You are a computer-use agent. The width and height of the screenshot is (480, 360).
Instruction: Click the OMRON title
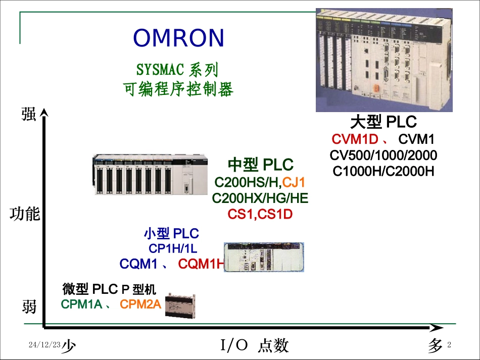pos(178,38)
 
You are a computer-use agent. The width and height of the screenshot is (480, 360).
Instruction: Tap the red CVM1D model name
pos(355,139)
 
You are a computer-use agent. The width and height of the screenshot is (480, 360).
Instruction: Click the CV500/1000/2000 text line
pos(383,155)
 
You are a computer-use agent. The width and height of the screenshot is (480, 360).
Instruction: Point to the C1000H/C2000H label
pos(383,171)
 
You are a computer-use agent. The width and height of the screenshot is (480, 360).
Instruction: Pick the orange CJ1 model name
pos(294,182)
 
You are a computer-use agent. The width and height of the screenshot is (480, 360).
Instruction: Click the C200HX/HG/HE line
pos(260,198)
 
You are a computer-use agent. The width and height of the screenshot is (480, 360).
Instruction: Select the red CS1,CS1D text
pos(260,215)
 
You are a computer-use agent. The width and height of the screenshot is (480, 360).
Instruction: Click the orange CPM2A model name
pos(140,304)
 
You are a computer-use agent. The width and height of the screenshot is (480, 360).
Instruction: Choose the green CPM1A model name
pos(81,304)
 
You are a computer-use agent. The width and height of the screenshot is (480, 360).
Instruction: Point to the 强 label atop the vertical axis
pos(29,114)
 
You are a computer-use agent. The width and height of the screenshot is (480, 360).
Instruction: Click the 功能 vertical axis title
pos(25,214)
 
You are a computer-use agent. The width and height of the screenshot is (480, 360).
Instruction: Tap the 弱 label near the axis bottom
pos(29,306)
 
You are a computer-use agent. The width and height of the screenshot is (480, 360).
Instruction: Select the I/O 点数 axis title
pos(255,346)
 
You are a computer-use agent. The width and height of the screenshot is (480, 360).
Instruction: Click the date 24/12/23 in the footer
pos(44,345)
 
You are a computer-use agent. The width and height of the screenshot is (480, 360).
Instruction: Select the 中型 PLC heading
pos(260,165)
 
